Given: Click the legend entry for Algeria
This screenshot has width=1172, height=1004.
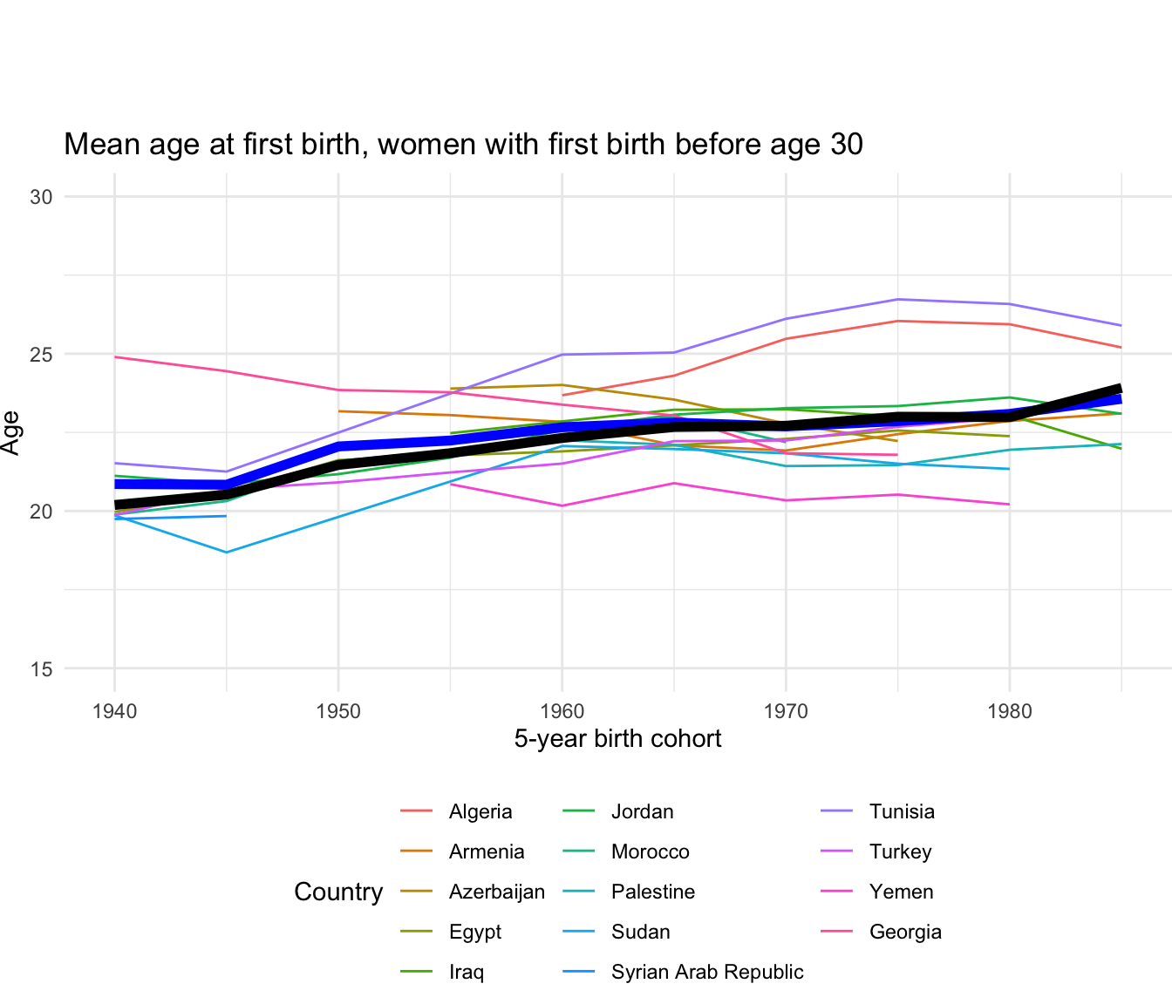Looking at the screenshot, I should [x=480, y=812].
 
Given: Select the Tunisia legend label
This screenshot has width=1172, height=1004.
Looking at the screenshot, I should [x=902, y=812].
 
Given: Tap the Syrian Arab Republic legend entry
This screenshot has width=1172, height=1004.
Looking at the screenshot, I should [x=706, y=973].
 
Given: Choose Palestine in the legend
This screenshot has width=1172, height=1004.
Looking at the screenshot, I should [x=652, y=892].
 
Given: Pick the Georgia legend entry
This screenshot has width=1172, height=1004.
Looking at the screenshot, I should [x=905, y=933].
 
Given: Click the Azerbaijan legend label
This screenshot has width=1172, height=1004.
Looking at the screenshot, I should [x=496, y=892].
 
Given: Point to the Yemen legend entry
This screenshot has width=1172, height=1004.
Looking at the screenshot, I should [x=901, y=892].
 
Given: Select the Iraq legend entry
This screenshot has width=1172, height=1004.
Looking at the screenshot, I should [x=466, y=973].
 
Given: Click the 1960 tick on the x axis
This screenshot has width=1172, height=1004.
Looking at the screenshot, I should [x=562, y=712].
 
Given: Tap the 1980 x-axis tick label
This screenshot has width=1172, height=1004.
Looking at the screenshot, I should [x=1010, y=712].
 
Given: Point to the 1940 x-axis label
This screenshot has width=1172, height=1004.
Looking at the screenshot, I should [x=114, y=712].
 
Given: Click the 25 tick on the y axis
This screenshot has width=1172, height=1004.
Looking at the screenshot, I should [x=41, y=355].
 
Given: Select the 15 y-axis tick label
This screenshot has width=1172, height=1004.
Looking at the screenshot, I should [x=41, y=669].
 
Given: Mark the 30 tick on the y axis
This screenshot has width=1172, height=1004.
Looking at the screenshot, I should [x=41, y=197].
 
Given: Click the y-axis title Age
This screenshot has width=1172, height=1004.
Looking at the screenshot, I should [x=11, y=432].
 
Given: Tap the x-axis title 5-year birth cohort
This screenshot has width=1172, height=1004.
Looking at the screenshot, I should [x=617, y=740].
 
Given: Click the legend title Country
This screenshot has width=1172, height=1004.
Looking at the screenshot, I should [x=338, y=892].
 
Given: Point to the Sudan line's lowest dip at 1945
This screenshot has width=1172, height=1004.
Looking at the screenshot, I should [x=227, y=553].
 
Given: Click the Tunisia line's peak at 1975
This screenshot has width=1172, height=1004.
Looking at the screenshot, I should [x=897, y=300].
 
